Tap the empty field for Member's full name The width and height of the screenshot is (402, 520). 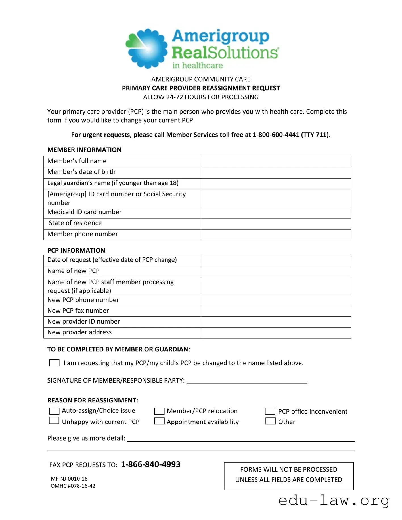click(276, 162)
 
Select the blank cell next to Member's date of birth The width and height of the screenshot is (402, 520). click(276, 173)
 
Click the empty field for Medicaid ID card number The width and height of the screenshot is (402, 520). click(276, 213)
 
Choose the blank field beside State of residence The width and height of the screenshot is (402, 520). click(276, 224)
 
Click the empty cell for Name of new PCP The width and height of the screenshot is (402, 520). click(276, 271)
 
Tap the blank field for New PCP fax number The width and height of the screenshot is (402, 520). click(276, 311)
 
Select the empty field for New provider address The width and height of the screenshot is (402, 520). click(276, 333)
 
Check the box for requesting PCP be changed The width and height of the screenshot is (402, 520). click(54, 363)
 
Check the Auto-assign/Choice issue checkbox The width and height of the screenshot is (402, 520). click(54, 411)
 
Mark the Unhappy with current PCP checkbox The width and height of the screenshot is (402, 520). click(54, 421)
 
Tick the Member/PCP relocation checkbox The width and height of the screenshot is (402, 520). click(159, 411)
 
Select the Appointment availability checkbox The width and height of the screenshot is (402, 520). click(159, 421)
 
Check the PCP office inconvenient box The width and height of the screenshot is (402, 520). click(270, 411)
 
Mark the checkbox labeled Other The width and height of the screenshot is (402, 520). click(270, 421)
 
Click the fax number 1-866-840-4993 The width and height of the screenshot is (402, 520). click(150, 464)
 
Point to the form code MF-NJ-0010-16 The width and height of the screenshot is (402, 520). click(69, 479)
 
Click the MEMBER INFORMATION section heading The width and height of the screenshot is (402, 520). click(84, 150)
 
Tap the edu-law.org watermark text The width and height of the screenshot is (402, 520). click(334, 501)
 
